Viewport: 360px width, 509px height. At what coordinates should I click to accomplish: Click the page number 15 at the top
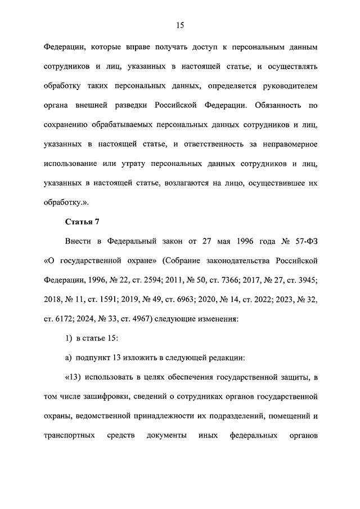[x=180, y=25]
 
